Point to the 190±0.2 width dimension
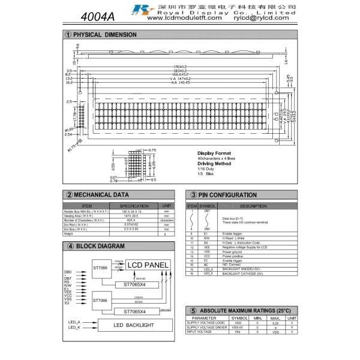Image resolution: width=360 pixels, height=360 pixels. click(x=180, y=66)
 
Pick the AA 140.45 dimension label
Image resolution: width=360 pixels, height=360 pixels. click(x=180, y=82)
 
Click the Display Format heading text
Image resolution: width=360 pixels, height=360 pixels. click(x=214, y=153)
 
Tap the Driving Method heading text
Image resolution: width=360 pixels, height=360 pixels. click(x=215, y=163)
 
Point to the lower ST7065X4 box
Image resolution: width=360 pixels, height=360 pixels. click(x=138, y=311)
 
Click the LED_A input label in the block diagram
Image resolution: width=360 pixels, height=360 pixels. click(x=74, y=322)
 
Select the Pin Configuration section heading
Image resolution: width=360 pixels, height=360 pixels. click(x=224, y=195)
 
